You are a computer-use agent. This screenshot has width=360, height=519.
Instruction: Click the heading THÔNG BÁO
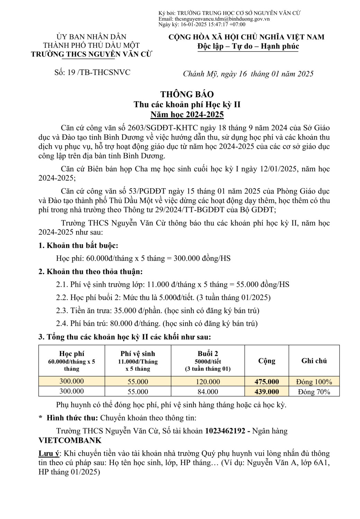click(x=187, y=94)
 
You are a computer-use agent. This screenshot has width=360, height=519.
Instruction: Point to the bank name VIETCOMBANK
click(x=70, y=440)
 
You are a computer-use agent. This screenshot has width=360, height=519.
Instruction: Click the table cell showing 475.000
click(x=267, y=382)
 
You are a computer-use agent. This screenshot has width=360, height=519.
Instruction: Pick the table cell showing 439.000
click(x=267, y=392)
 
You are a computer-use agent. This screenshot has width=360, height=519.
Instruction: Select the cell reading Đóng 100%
click(x=314, y=382)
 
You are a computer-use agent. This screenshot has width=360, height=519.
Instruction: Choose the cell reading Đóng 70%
click(x=314, y=392)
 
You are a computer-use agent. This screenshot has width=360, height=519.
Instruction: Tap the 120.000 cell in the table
click(x=208, y=382)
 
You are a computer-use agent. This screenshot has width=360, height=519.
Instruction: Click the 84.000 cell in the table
click(x=208, y=392)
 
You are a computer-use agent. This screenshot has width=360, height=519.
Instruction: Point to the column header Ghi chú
click(x=314, y=361)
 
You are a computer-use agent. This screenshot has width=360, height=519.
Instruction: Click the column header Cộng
click(x=267, y=361)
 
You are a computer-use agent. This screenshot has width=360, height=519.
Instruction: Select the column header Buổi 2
click(x=208, y=354)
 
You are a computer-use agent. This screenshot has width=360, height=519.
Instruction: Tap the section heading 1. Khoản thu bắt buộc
click(x=78, y=246)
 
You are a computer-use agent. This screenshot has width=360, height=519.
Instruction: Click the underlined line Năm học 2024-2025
click(x=187, y=115)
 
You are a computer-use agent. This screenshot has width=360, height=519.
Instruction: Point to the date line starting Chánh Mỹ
click(x=248, y=73)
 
